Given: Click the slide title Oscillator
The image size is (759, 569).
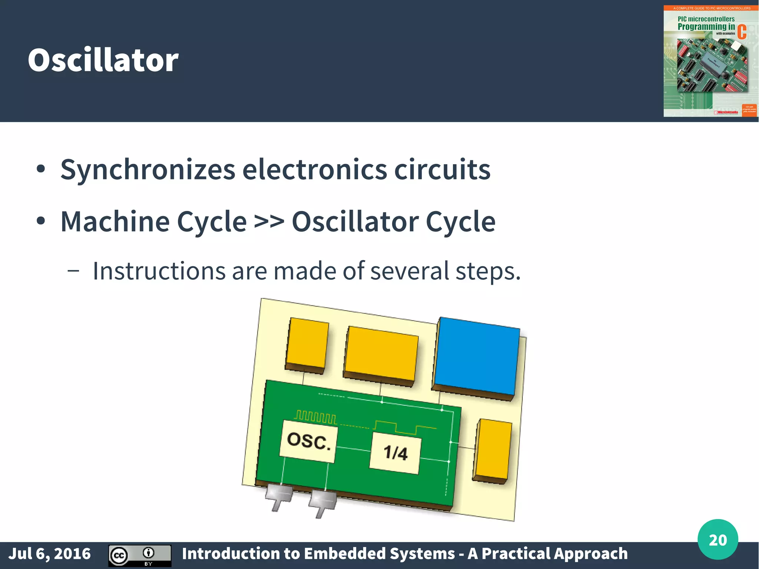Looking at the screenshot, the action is click(x=103, y=60).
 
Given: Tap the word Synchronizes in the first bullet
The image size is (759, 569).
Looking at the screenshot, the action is click(x=148, y=170).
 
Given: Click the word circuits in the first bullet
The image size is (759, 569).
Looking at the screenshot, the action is click(x=442, y=170).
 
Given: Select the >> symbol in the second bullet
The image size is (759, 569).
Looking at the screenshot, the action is click(x=269, y=222).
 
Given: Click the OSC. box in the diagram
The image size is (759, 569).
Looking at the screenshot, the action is click(x=308, y=441).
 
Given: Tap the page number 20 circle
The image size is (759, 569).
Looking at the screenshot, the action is click(x=717, y=540).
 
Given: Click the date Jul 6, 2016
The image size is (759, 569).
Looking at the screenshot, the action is click(x=49, y=554).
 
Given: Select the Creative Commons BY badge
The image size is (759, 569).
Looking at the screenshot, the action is click(x=140, y=555).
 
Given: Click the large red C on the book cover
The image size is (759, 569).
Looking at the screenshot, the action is click(x=742, y=32).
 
